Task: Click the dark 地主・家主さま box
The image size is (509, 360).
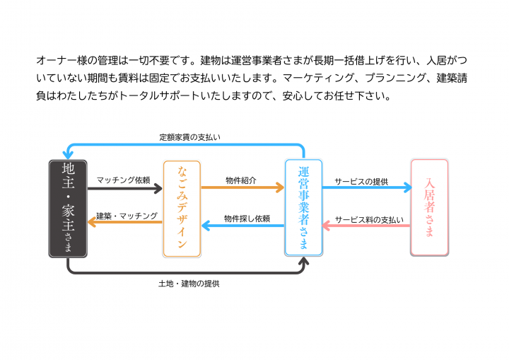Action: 68,208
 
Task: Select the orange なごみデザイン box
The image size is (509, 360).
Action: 182,208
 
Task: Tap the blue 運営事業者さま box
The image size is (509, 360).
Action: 303,208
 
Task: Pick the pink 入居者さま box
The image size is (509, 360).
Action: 429,208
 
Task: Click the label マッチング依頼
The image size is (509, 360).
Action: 123,180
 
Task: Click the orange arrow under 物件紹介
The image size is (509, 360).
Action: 242,189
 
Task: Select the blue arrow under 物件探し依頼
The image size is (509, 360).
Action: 242,226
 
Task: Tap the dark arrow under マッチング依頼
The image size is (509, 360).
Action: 124,189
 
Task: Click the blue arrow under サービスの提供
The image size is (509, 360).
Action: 367,189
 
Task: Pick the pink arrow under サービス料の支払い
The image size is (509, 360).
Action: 367,226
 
